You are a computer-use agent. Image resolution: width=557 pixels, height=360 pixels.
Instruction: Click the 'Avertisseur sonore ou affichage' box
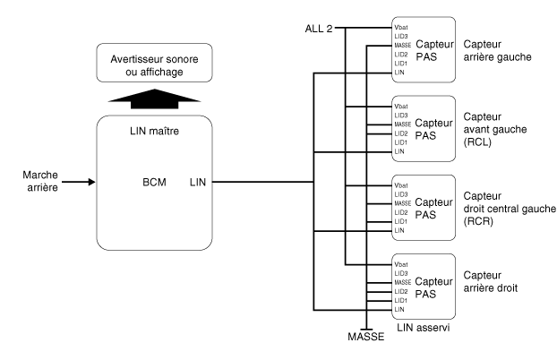coord(155,63)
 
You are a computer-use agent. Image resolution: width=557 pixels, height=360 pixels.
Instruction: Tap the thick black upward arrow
coord(155,99)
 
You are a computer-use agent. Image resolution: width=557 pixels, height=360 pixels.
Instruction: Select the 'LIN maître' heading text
coord(155,131)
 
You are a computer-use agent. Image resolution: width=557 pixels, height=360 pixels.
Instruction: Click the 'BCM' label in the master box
coord(154,183)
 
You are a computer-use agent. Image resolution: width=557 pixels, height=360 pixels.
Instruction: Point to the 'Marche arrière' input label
coord(40,181)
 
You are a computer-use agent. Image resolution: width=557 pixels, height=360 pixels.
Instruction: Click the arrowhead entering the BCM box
coord(92,182)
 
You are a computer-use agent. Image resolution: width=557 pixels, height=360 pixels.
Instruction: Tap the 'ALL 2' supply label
coord(319,29)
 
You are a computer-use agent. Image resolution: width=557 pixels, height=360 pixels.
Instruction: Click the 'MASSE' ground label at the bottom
coord(366,337)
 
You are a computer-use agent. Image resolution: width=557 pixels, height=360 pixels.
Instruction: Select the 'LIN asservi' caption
coord(423,327)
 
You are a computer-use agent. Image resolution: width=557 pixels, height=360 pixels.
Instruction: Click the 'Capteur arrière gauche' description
coord(497,50)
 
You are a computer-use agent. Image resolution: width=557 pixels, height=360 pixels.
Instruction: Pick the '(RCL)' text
coord(477,142)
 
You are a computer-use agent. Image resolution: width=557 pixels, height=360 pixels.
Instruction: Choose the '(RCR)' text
coord(478,221)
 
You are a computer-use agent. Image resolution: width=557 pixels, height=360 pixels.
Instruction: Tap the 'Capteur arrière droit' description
coord(490,281)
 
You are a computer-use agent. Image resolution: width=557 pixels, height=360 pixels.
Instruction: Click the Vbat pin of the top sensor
coord(401,28)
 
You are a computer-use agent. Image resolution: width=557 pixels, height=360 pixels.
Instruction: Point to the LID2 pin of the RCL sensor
coord(401,133)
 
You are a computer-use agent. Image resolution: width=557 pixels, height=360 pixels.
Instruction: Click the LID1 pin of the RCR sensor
coord(400,221)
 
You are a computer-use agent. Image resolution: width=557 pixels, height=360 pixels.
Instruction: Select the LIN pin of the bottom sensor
coord(399,310)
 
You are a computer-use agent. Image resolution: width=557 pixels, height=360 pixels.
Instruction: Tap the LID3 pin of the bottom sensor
coord(401,273)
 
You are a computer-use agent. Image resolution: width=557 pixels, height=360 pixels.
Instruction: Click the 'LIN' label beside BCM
coord(198,183)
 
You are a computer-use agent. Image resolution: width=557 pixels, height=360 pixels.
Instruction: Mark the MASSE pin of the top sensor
coord(402,46)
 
